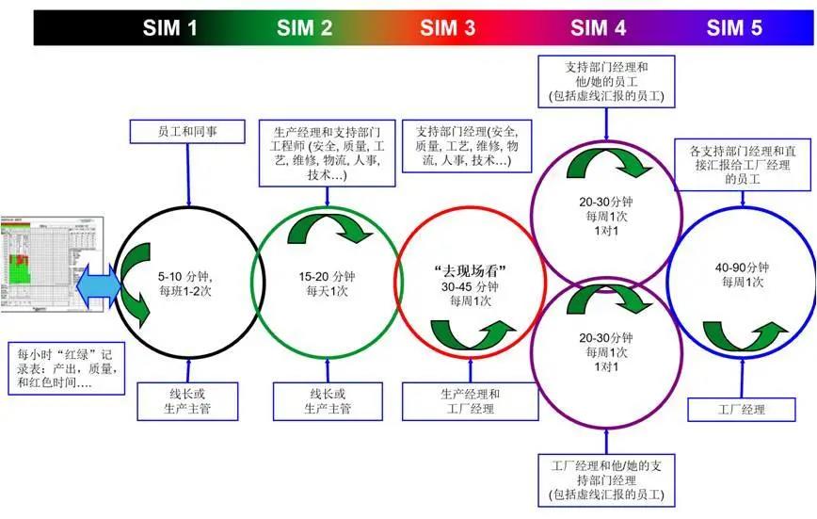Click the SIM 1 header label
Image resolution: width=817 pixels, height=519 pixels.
pos(170,27)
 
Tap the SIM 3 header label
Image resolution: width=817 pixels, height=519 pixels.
pos(448,27)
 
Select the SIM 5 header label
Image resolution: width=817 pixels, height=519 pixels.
pos(734,27)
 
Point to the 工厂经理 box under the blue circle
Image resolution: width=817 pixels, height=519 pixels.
pos(741,410)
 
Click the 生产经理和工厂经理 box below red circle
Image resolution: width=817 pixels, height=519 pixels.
pos(471,401)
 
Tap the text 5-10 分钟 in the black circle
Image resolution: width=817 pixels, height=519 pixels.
pos(184,276)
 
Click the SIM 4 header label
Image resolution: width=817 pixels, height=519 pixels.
pos(598,27)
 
